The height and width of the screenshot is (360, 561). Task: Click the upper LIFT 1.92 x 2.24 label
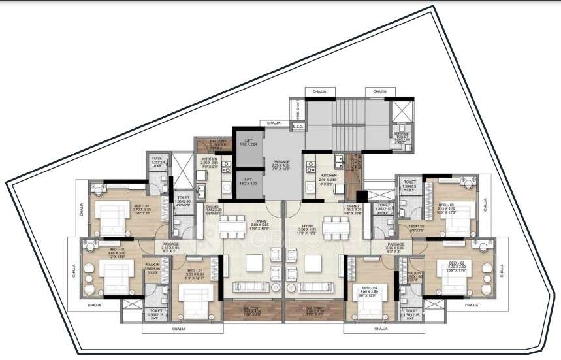(248, 143)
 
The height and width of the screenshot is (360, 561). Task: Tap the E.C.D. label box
(297, 127)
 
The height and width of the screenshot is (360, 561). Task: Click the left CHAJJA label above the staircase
(319, 91)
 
